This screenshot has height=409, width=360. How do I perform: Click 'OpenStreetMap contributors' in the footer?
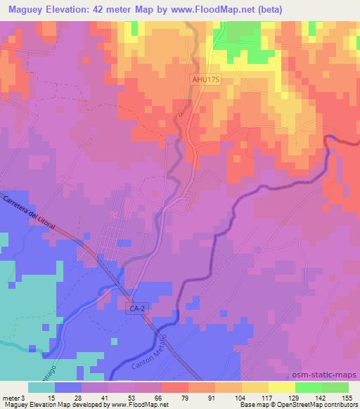[323, 405]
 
